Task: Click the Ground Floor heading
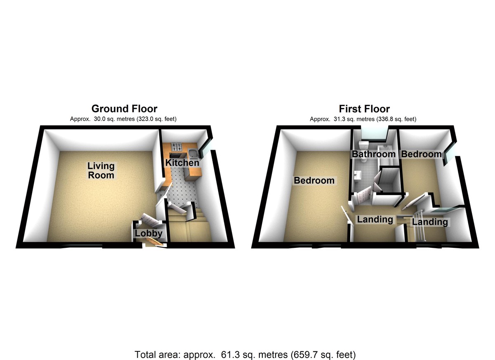[124, 109]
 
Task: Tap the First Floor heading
[364, 109]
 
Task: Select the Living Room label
[101, 170]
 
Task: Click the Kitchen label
[182, 163]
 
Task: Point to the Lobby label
[149, 234]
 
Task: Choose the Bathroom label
[373, 154]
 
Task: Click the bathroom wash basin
[357, 175]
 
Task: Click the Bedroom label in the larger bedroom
[313, 181]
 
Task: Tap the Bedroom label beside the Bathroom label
[421, 154]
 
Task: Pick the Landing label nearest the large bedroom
[375, 219]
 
